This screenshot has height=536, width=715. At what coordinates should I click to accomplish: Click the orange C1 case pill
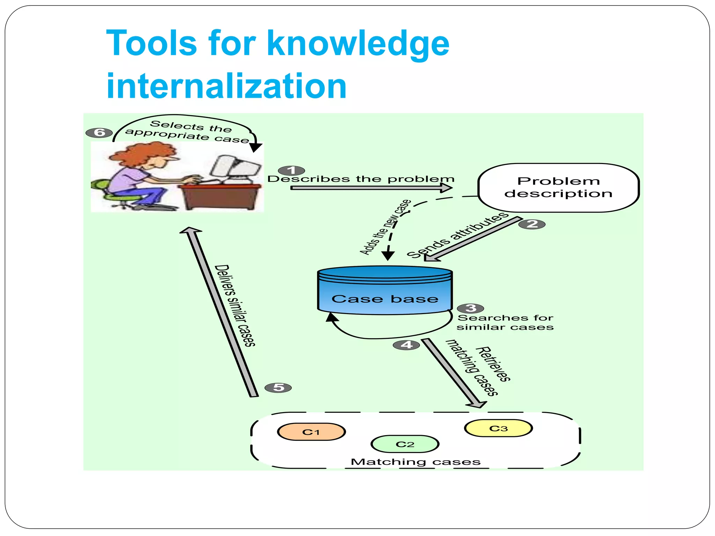coord(311,432)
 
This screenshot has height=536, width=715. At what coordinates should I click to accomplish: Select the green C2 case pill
coord(405,444)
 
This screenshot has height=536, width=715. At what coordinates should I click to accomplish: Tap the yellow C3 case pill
coord(498,428)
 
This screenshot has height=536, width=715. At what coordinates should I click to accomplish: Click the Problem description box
coord(558,188)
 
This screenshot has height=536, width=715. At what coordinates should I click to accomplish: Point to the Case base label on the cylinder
coord(385,299)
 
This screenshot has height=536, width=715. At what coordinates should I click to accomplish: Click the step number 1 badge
coord(292,170)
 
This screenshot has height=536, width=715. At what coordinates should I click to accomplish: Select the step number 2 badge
coord(532,224)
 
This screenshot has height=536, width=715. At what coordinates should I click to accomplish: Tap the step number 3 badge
coord(470,308)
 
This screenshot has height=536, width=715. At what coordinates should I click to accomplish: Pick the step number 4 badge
coord(406,345)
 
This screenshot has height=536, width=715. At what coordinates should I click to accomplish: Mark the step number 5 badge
coord(278,387)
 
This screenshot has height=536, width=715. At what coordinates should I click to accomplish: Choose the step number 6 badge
coord(99,133)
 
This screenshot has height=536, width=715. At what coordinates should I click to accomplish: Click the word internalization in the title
coord(226,86)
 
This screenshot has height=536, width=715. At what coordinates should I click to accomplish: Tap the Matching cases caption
coord(415,462)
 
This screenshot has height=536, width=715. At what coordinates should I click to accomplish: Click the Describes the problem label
coord(361,179)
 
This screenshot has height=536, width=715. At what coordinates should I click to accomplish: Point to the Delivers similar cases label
coord(235,306)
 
